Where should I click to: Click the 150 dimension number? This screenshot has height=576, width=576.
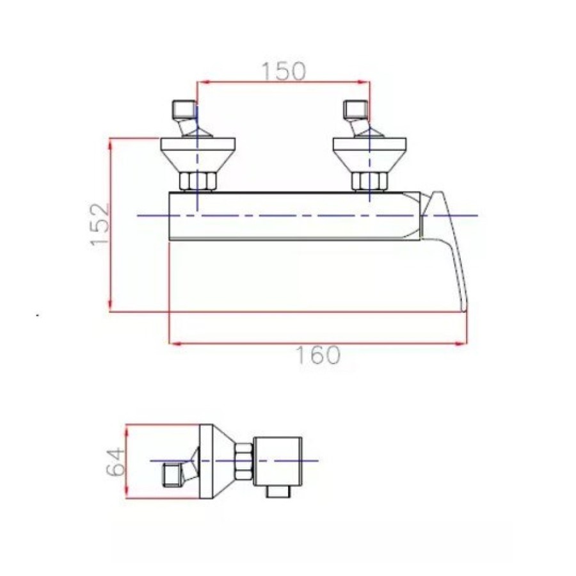click(x=284, y=72)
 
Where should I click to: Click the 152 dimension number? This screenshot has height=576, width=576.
click(x=100, y=225)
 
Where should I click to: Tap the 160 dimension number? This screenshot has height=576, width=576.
click(x=318, y=355)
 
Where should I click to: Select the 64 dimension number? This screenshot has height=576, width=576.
click(x=116, y=461)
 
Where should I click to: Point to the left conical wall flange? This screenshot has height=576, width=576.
click(x=198, y=155)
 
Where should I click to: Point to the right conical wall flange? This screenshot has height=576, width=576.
click(x=369, y=155)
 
